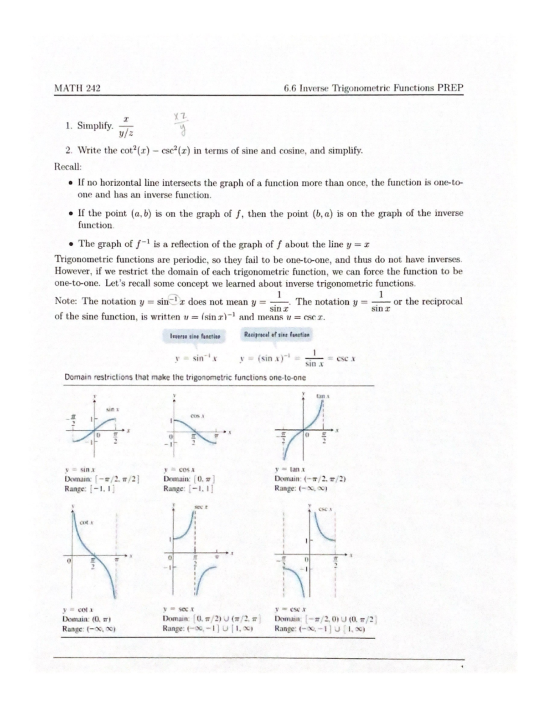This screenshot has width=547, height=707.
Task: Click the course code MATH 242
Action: pyautogui.click(x=77, y=88)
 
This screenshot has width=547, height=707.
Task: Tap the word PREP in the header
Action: pyautogui.click(x=450, y=87)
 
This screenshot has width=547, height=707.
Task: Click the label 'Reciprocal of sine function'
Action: pyautogui.click(x=277, y=335)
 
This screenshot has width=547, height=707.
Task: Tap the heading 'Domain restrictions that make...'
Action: pyautogui.click(x=185, y=377)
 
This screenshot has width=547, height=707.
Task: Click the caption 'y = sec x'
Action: pyautogui.click(x=179, y=608)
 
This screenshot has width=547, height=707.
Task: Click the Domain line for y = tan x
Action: pyautogui.click(x=310, y=478)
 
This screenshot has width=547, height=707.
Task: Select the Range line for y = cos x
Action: pyautogui.click(x=188, y=488)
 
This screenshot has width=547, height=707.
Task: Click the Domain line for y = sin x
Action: pyautogui.click(x=102, y=478)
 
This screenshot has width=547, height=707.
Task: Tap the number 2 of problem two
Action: pyautogui.click(x=68, y=150)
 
